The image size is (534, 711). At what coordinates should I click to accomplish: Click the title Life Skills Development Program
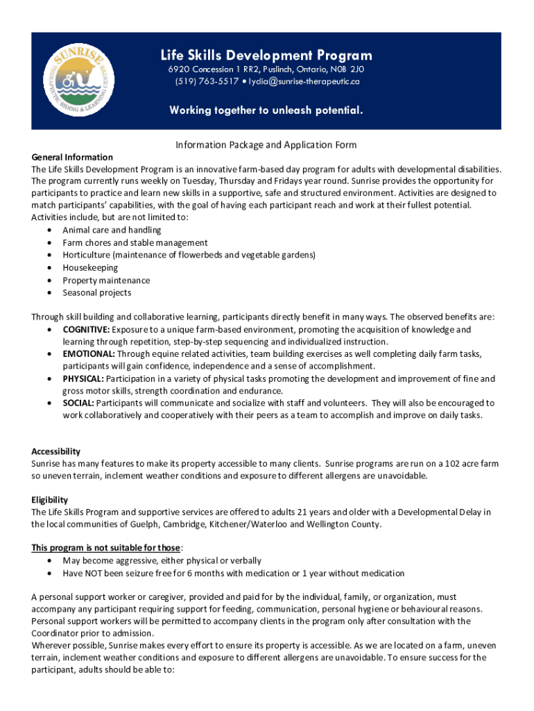click(267, 56)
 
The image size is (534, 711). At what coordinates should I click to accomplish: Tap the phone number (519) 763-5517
click(199, 81)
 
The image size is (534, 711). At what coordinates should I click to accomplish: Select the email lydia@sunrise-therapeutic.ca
click(300, 81)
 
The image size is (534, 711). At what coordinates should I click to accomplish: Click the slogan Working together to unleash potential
click(267, 110)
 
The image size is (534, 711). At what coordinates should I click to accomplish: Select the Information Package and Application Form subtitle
click(266, 145)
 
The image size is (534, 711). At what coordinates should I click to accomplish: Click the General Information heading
click(72, 157)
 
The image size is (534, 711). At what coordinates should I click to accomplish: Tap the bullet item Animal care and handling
click(102, 230)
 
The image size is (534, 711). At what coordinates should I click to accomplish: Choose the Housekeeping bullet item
click(90, 267)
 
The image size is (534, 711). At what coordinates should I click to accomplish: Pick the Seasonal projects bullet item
click(96, 292)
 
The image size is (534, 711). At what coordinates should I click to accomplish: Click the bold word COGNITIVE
click(86, 330)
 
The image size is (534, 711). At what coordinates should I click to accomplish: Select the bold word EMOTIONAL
click(87, 354)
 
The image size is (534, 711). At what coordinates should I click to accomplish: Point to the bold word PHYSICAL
click(83, 378)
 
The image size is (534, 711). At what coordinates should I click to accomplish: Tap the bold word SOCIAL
click(78, 403)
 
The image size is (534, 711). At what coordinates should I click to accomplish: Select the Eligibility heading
click(49, 499)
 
